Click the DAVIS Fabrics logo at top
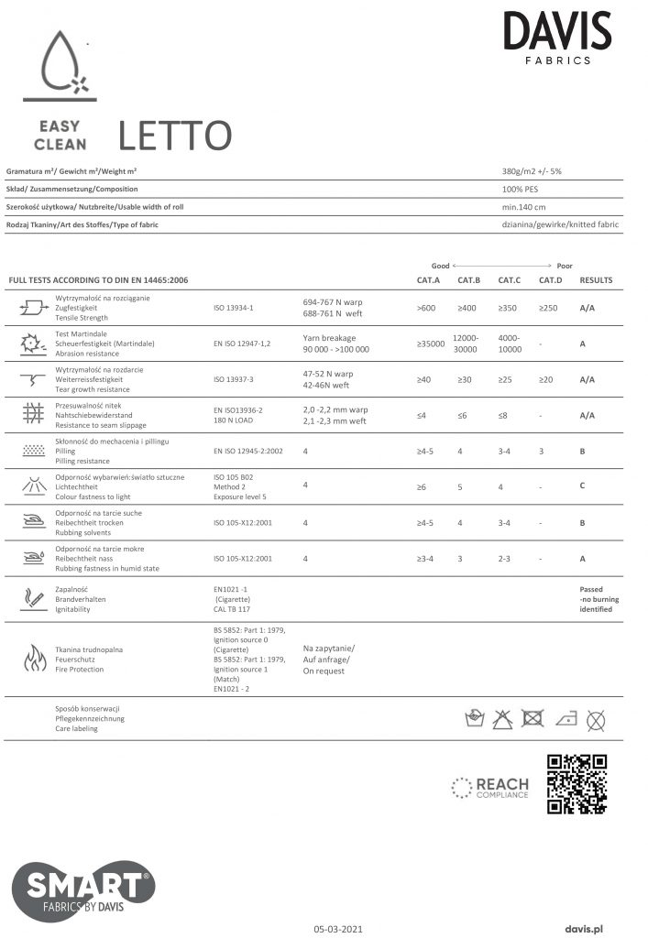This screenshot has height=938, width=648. tap(556, 38)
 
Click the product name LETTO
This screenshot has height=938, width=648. tap(174, 136)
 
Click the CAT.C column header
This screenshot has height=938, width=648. tap(511, 279)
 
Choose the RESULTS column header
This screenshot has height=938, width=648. tap(596, 279)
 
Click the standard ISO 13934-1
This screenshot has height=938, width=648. tap(233, 309)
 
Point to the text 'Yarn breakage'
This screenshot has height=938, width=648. tap(328, 337)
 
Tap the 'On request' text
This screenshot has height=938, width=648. tap(324, 671)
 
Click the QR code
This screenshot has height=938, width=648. tap(577, 784)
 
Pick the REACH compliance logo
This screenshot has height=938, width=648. tap(490, 787)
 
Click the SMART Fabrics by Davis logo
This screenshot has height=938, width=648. tap(82, 889)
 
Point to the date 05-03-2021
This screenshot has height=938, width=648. tap(338, 928)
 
